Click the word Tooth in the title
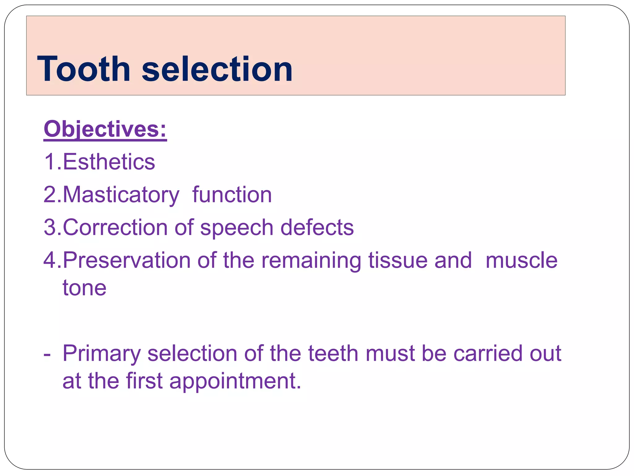click(84, 69)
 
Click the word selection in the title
click(217, 69)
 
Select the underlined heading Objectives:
click(105, 129)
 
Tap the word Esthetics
click(109, 162)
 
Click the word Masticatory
click(121, 195)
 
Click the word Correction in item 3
click(115, 227)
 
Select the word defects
click(317, 227)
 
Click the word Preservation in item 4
click(127, 260)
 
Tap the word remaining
click(311, 261)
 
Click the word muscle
click(521, 260)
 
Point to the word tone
click(85, 288)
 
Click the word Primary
click(102, 354)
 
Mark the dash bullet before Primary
click(47, 354)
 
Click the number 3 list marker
click(50, 227)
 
